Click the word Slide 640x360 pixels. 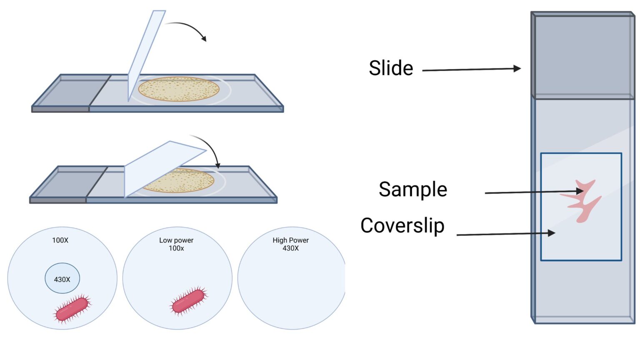391,68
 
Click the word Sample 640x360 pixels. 412,189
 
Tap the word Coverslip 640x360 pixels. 402,225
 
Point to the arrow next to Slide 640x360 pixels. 471,70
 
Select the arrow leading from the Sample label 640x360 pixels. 533,192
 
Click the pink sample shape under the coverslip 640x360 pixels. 583,200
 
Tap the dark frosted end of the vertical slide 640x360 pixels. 582,56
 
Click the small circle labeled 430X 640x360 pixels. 62,278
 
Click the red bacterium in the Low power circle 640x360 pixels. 189,300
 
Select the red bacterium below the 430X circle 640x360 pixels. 72,308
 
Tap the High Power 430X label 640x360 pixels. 290,244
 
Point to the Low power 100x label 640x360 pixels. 176,244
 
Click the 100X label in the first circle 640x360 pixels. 60,240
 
